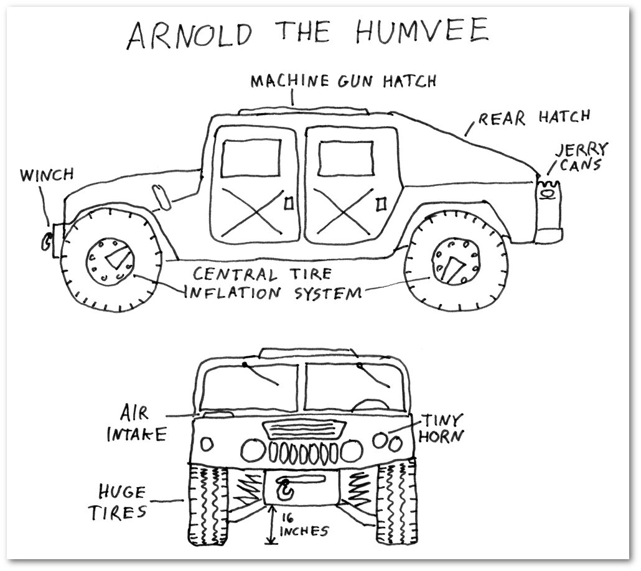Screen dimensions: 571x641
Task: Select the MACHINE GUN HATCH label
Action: click(x=343, y=81)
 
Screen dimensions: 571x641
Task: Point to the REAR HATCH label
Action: click(x=533, y=118)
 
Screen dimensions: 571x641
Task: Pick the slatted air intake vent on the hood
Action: click(x=304, y=430)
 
